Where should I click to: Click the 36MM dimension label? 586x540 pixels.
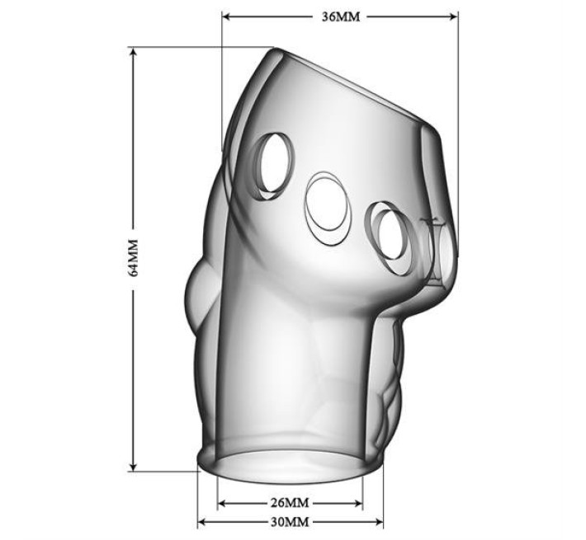tap(341, 16)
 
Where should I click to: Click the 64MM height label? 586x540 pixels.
tap(134, 257)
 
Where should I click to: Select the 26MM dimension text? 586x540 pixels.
tap(290, 503)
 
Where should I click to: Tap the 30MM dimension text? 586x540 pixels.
tap(290, 522)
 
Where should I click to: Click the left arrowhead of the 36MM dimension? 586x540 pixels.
tap(227, 16)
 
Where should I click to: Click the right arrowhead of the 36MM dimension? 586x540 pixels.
tap(453, 16)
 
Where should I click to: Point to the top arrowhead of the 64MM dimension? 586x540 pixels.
tap(134, 53)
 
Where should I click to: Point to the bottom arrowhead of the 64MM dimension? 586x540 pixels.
tap(134, 466)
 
